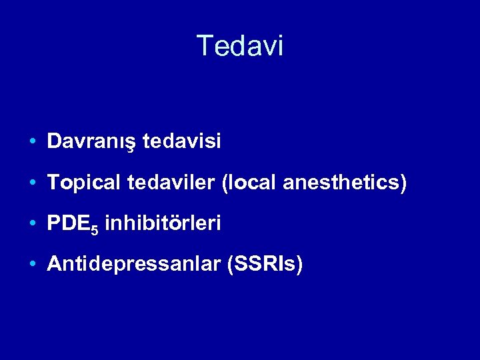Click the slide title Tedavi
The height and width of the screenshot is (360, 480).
tap(240, 46)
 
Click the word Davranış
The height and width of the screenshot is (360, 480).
tap(93, 141)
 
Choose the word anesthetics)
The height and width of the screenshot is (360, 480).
tap(344, 183)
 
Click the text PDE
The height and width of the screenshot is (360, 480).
tap(69, 224)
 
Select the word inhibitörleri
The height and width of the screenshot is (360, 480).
tap(163, 224)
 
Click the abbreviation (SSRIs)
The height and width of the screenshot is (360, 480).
tap(265, 265)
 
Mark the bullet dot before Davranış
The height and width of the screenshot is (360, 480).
tap(33, 142)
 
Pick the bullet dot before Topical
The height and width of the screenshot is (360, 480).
tap(33, 183)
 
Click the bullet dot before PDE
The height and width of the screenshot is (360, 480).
tap(33, 225)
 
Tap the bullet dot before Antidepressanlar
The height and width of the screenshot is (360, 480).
tap(33, 265)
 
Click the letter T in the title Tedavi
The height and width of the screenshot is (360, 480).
tap(205, 46)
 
